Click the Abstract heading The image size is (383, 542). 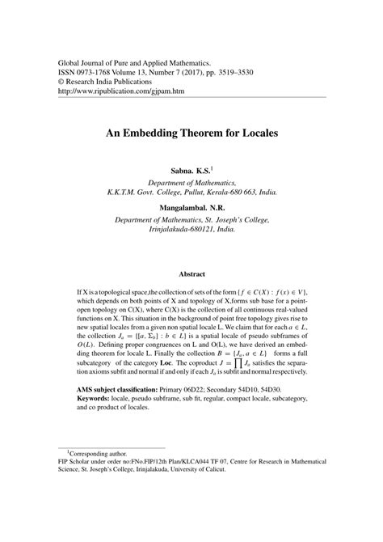[191, 274]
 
